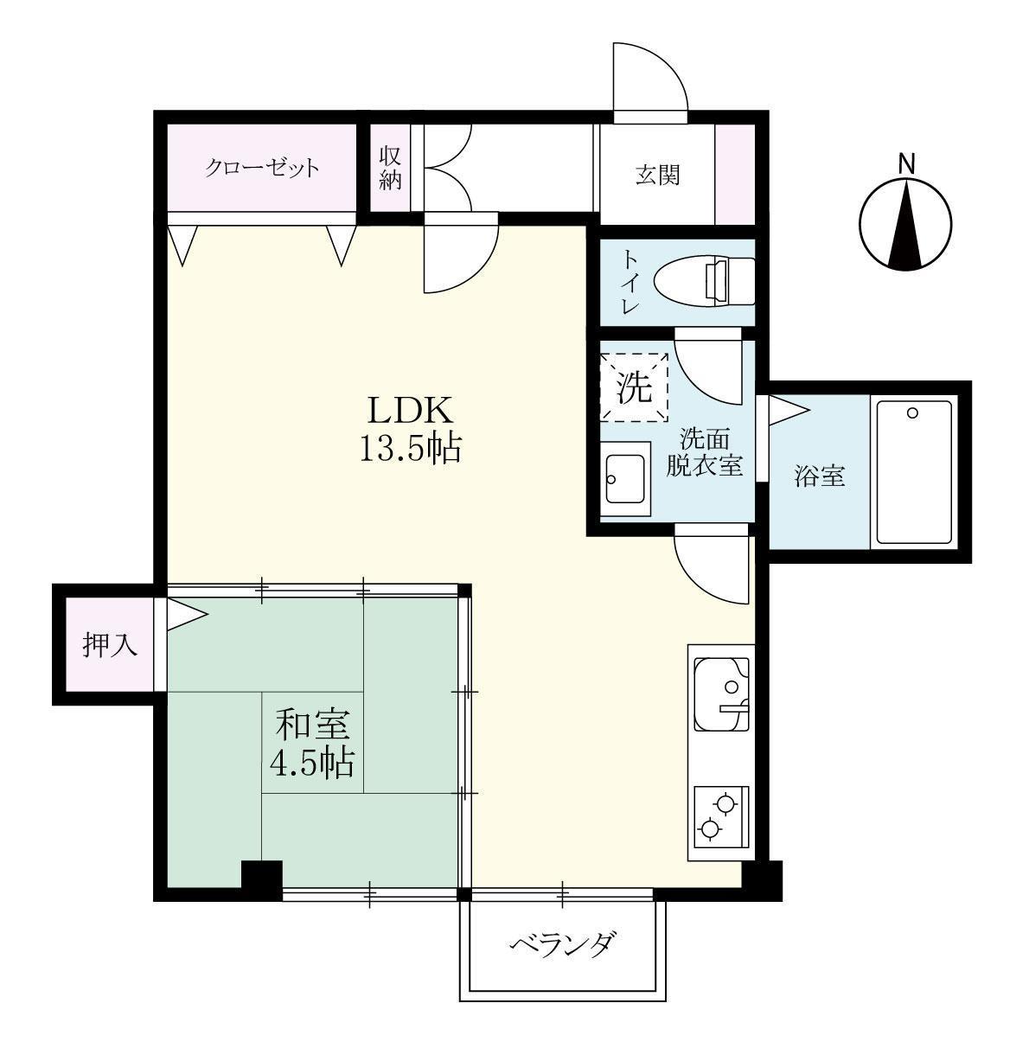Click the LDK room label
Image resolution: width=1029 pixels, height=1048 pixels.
click(x=410, y=409)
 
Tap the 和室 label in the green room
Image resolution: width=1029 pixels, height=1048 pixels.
click(x=313, y=724)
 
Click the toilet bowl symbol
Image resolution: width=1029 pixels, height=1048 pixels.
click(x=692, y=281)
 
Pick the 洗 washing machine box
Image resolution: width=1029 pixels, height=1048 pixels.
click(x=636, y=387)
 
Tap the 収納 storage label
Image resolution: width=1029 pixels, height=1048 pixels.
click(x=390, y=169)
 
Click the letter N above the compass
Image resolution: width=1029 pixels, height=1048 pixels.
click(x=906, y=163)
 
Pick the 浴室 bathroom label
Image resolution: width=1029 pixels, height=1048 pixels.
click(x=819, y=475)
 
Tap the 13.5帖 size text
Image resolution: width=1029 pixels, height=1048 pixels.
click(x=410, y=449)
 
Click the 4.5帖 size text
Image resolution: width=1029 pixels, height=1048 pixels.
click(x=313, y=763)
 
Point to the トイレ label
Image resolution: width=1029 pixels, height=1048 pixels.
click(x=630, y=281)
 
